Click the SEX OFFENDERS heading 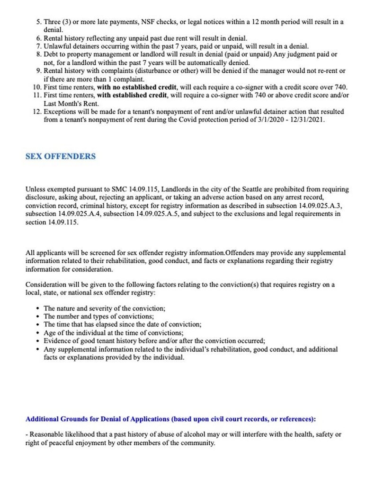click(x=60, y=156)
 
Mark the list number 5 click(x=39, y=22)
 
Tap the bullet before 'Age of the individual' click(x=38, y=333)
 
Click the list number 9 click(x=39, y=70)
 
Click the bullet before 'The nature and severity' click(x=38, y=308)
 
